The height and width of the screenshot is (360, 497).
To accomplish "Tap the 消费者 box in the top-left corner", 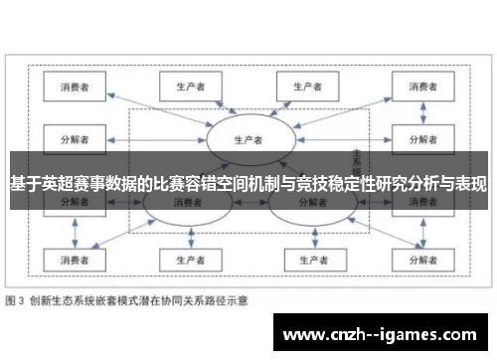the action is coord(75,87).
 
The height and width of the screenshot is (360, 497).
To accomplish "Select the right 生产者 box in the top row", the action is coord(304,87).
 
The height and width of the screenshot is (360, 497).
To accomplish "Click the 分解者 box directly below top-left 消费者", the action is coord(75,137).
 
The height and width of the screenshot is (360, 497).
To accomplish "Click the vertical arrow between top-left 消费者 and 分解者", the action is coord(75,111).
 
